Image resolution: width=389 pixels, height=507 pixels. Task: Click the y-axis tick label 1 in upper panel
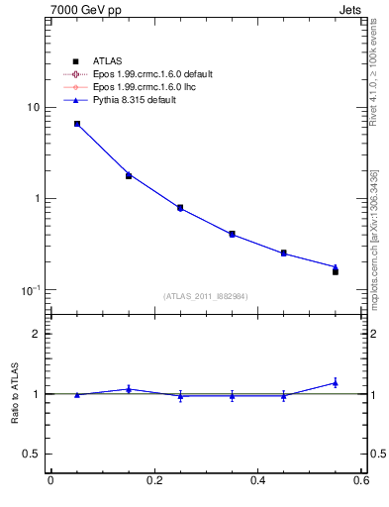pos(36,198)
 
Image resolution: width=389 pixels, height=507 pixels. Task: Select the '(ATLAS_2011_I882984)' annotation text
pos(206,296)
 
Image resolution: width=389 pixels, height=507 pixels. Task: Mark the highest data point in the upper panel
pos(77,124)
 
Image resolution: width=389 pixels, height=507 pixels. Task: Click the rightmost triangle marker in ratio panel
pos(336,382)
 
